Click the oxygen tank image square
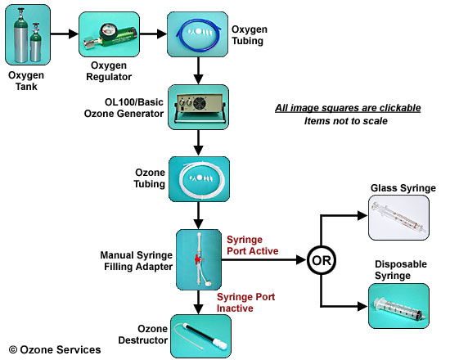28,34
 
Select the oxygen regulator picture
109,34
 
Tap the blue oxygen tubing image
198,34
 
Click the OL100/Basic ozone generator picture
198,107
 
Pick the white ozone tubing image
199,179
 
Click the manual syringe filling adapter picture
199,259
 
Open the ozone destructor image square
201,336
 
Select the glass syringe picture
398,218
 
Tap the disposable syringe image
398,306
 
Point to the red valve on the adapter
198,259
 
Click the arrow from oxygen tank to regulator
65,34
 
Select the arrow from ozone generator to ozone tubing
198,143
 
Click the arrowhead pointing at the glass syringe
362,216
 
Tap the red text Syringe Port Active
253,245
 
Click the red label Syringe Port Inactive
246,302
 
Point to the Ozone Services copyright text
55,349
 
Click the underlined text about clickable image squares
348,108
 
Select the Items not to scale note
346,121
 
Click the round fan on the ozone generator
200,103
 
